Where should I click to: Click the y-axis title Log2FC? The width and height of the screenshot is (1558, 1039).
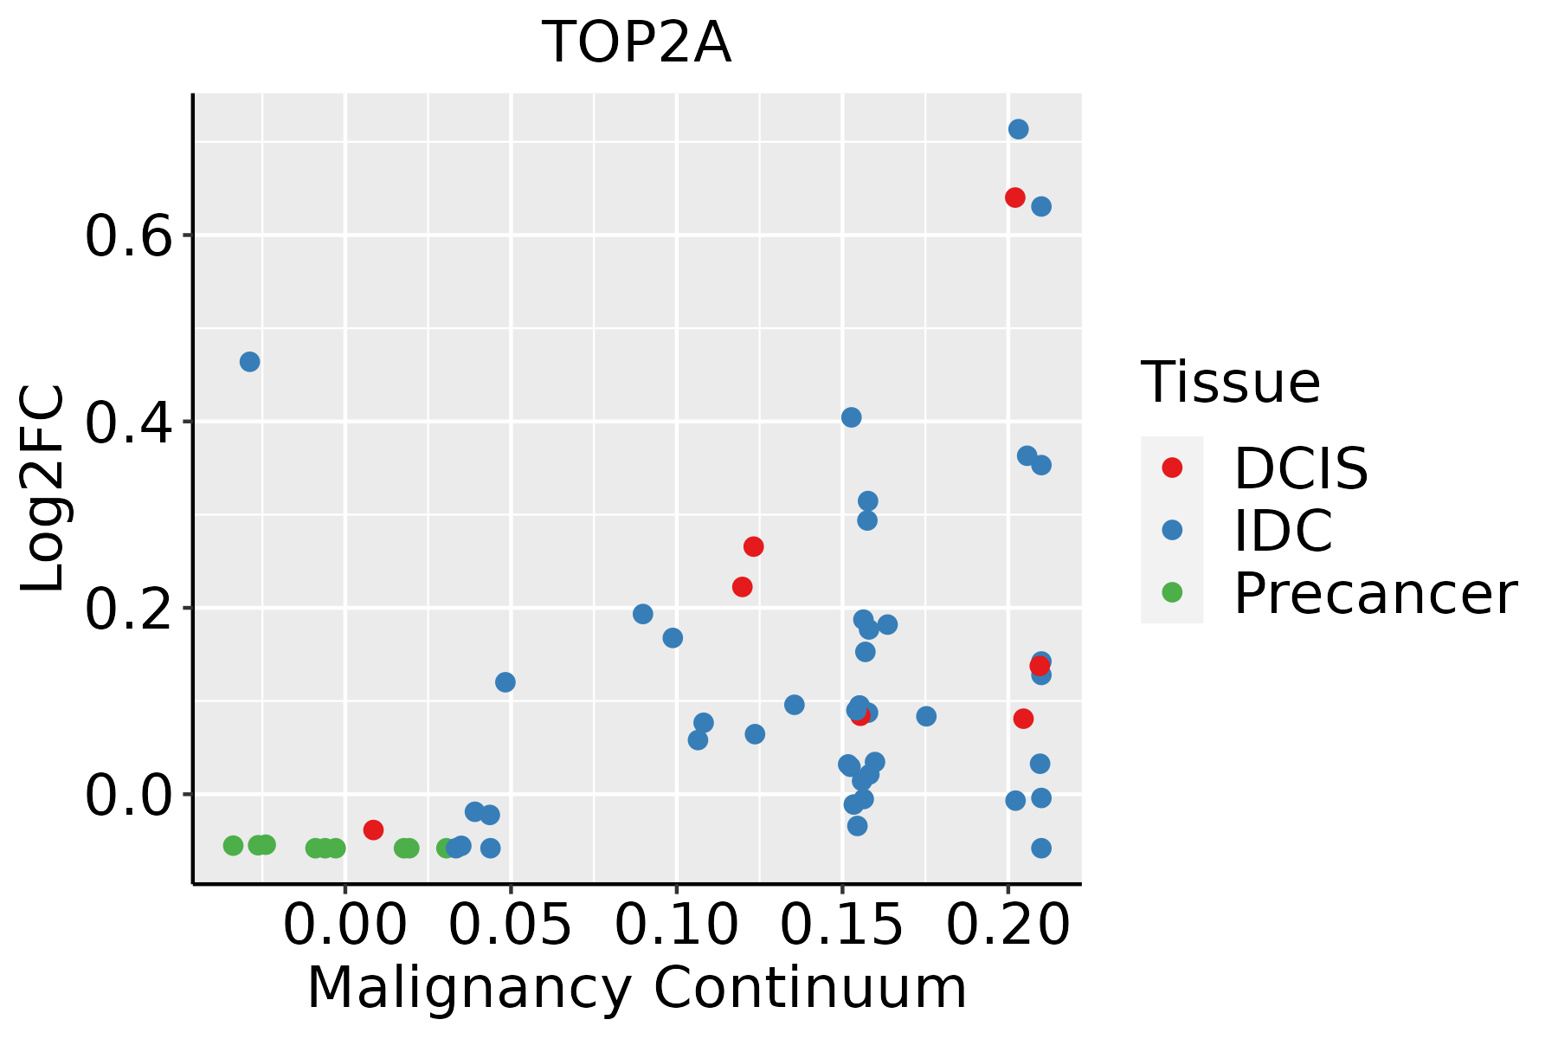[43, 489]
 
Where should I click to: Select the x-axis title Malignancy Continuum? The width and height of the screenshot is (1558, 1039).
[636, 989]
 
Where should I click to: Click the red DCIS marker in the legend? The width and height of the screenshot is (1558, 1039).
[1172, 468]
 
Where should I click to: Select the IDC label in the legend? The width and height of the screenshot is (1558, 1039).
[1283, 531]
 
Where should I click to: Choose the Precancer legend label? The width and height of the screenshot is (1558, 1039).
[1375, 594]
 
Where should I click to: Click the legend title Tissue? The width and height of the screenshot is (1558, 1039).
[1230, 382]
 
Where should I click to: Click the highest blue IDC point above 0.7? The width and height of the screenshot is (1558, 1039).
[1018, 129]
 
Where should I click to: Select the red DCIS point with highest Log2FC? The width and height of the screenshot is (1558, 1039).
[1015, 197]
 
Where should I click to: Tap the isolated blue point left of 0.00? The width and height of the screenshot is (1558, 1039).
[249, 362]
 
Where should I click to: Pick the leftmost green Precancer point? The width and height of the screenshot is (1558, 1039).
[233, 846]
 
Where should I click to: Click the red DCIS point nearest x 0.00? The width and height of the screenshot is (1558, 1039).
[373, 829]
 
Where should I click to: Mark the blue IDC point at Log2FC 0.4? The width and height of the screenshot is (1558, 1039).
[852, 417]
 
